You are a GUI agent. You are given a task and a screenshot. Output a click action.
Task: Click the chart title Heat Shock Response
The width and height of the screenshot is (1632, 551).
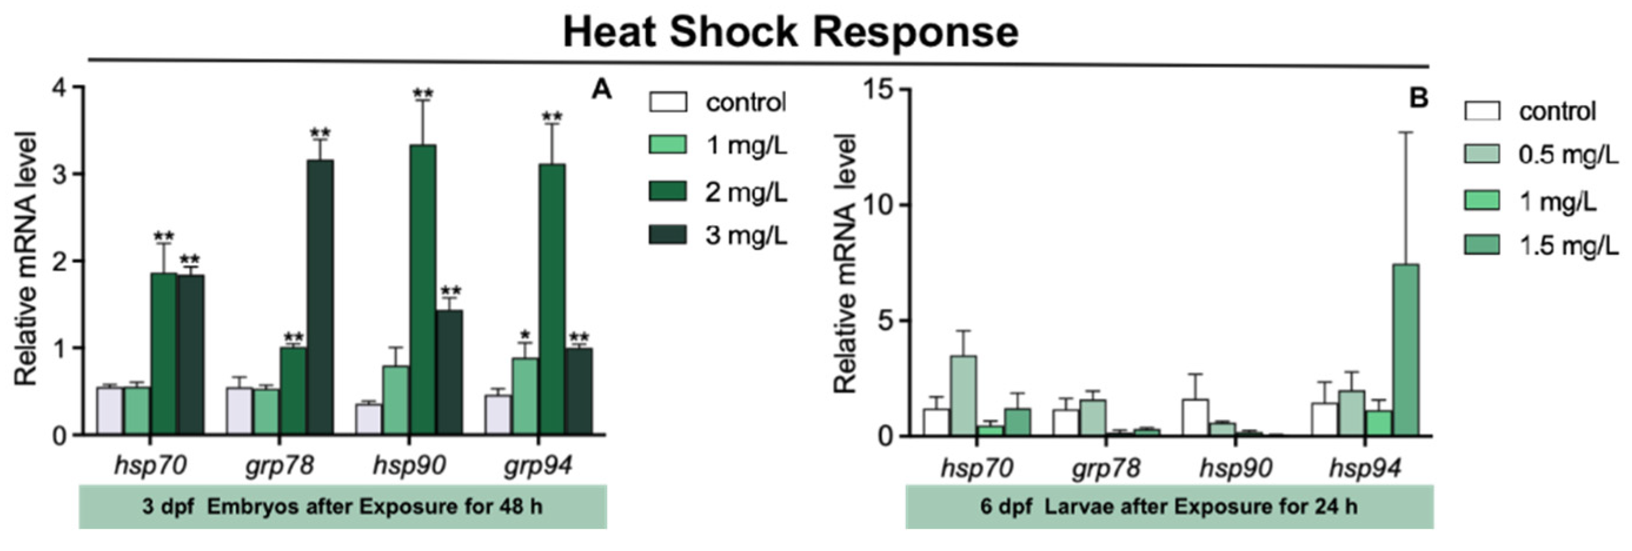[x=790, y=33]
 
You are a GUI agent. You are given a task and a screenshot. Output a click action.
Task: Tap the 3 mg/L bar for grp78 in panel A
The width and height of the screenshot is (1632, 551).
[x=320, y=298]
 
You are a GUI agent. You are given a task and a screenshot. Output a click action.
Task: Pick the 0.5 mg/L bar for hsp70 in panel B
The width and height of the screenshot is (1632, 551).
[x=962, y=396]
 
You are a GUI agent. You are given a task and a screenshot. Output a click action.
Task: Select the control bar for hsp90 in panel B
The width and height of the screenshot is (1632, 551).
[x=1195, y=418]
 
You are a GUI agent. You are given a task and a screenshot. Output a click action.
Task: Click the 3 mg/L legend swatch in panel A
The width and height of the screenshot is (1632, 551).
[x=668, y=235]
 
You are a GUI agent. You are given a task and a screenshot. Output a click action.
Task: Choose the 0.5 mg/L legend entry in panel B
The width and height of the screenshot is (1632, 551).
[x=1540, y=154]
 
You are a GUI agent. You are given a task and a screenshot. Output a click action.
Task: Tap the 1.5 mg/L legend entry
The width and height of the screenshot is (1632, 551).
[x=1540, y=245]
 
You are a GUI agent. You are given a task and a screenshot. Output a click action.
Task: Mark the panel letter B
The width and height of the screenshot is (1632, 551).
[x=1418, y=98]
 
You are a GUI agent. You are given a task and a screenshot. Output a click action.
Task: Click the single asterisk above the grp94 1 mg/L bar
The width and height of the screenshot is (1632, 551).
[x=524, y=335]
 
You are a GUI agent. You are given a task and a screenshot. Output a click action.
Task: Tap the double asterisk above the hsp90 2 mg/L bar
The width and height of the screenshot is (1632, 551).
[x=423, y=94]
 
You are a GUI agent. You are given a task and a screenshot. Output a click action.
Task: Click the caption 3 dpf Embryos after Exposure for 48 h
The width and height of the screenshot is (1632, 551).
[x=342, y=507]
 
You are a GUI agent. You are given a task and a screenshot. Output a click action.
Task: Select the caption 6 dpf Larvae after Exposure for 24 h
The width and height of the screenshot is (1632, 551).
[x=1169, y=507]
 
